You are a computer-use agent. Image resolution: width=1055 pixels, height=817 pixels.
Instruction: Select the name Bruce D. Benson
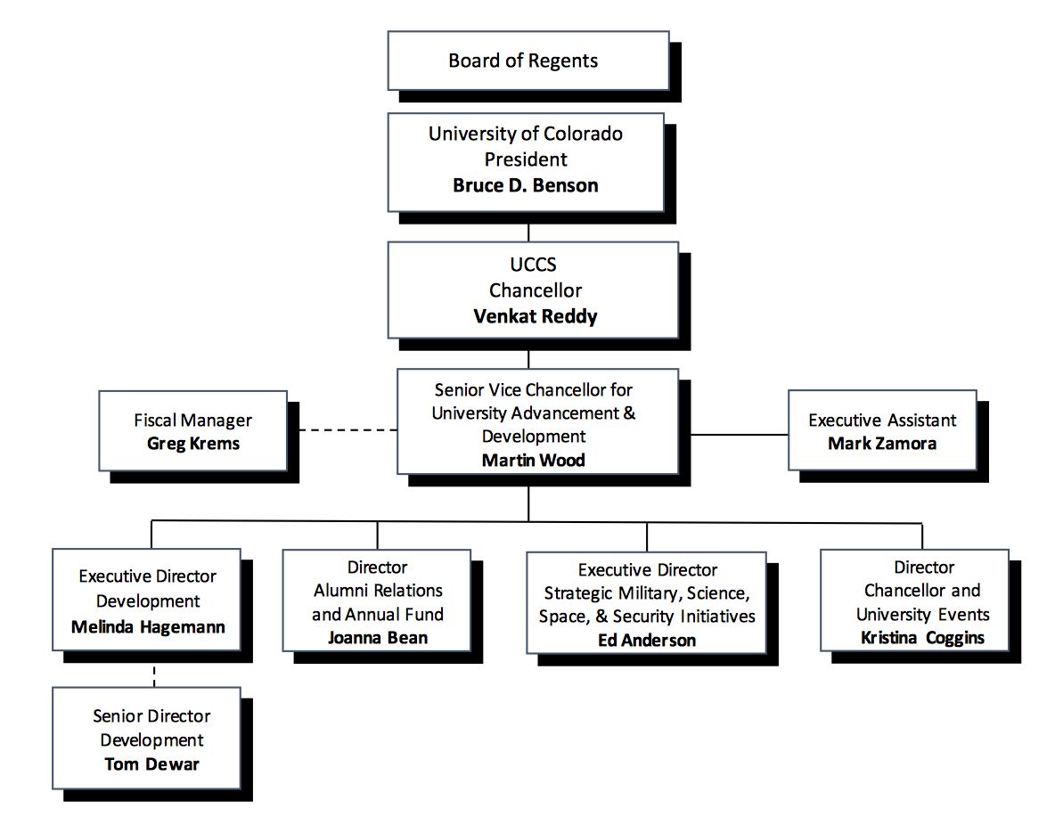pyautogui.click(x=526, y=185)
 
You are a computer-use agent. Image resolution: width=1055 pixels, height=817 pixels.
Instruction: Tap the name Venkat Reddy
pyautogui.click(x=536, y=316)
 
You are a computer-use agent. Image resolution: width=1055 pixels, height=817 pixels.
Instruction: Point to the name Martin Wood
pyautogui.click(x=534, y=460)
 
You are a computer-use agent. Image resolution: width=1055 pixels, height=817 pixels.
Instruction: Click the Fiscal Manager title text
pyautogui.click(x=193, y=421)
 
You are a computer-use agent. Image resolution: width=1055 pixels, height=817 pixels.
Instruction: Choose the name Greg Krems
pyautogui.click(x=193, y=443)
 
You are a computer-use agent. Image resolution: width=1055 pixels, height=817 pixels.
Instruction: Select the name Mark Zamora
pyautogui.click(x=882, y=443)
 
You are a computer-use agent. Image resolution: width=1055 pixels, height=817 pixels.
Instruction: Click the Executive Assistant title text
pyautogui.click(x=882, y=421)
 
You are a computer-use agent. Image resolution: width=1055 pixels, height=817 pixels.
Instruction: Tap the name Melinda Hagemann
pyautogui.click(x=148, y=626)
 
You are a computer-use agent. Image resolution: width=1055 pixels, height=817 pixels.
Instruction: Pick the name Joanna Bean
pyautogui.click(x=377, y=637)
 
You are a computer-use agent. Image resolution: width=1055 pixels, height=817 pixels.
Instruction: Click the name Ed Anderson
pyautogui.click(x=647, y=640)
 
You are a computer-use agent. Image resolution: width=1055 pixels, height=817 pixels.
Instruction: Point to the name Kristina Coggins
pyautogui.click(x=922, y=637)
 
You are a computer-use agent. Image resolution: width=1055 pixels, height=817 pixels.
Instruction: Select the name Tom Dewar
pyautogui.click(x=151, y=764)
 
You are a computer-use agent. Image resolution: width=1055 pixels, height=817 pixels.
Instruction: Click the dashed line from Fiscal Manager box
pyautogui.click(x=348, y=430)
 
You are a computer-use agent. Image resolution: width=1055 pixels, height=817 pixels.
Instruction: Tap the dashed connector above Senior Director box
pyautogui.click(x=154, y=674)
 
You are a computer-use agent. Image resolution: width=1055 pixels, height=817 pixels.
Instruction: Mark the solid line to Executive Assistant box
pyautogui.click(x=740, y=435)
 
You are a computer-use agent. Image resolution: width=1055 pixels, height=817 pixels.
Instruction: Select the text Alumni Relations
pyautogui.click(x=378, y=591)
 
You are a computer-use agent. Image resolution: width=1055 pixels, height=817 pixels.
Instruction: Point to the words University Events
pyautogui.click(x=922, y=614)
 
